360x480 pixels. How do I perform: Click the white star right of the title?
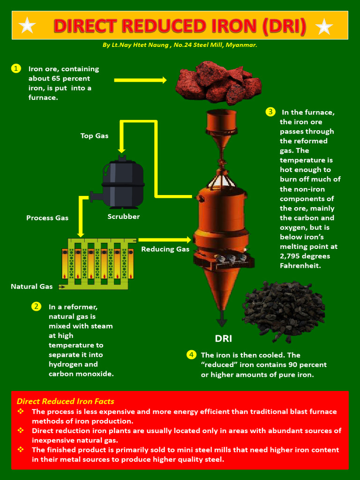click(324, 27)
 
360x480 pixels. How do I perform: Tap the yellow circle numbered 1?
click(16, 68)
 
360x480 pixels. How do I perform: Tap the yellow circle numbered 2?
click(37, 307)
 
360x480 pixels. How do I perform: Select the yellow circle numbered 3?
click(270, 112)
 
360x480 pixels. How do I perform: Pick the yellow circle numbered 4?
click(191, 354)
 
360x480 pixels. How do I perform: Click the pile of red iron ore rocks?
click(218, 83)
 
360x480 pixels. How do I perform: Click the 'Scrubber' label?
click(124, 217)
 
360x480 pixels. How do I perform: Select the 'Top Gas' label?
click(94, 136)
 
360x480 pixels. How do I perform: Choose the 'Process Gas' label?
click(47, 218)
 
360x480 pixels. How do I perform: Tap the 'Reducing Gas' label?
click(165, 249)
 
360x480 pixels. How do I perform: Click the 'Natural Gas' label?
click(32, 286)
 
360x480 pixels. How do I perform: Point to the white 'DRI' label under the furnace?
click(223, 338)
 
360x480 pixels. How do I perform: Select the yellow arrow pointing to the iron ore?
click(140, 80)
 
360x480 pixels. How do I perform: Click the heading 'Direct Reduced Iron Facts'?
click(66, 401)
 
